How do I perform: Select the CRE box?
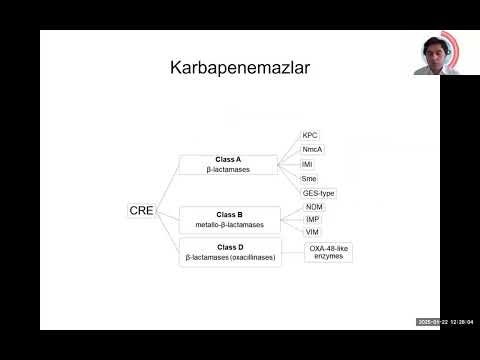click(x=141, y=210)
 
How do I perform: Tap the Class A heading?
click(x=229, y=159)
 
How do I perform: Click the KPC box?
click(x=311, y=135)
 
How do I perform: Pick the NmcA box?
click(x=313, y=149)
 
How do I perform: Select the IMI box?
click(x=308, y=163)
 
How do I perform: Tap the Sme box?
click(x=310, y=178)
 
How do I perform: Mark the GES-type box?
click(x=319, y=193)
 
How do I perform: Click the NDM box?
click(x=314, y=206)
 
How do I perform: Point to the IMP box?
click(x=313, y=219)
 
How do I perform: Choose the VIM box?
click(x=313, y=232)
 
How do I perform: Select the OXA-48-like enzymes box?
click(x=329, y=251)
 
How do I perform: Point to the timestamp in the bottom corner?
click(x=445, y=321)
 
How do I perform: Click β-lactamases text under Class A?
click(x=229, y=170)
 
